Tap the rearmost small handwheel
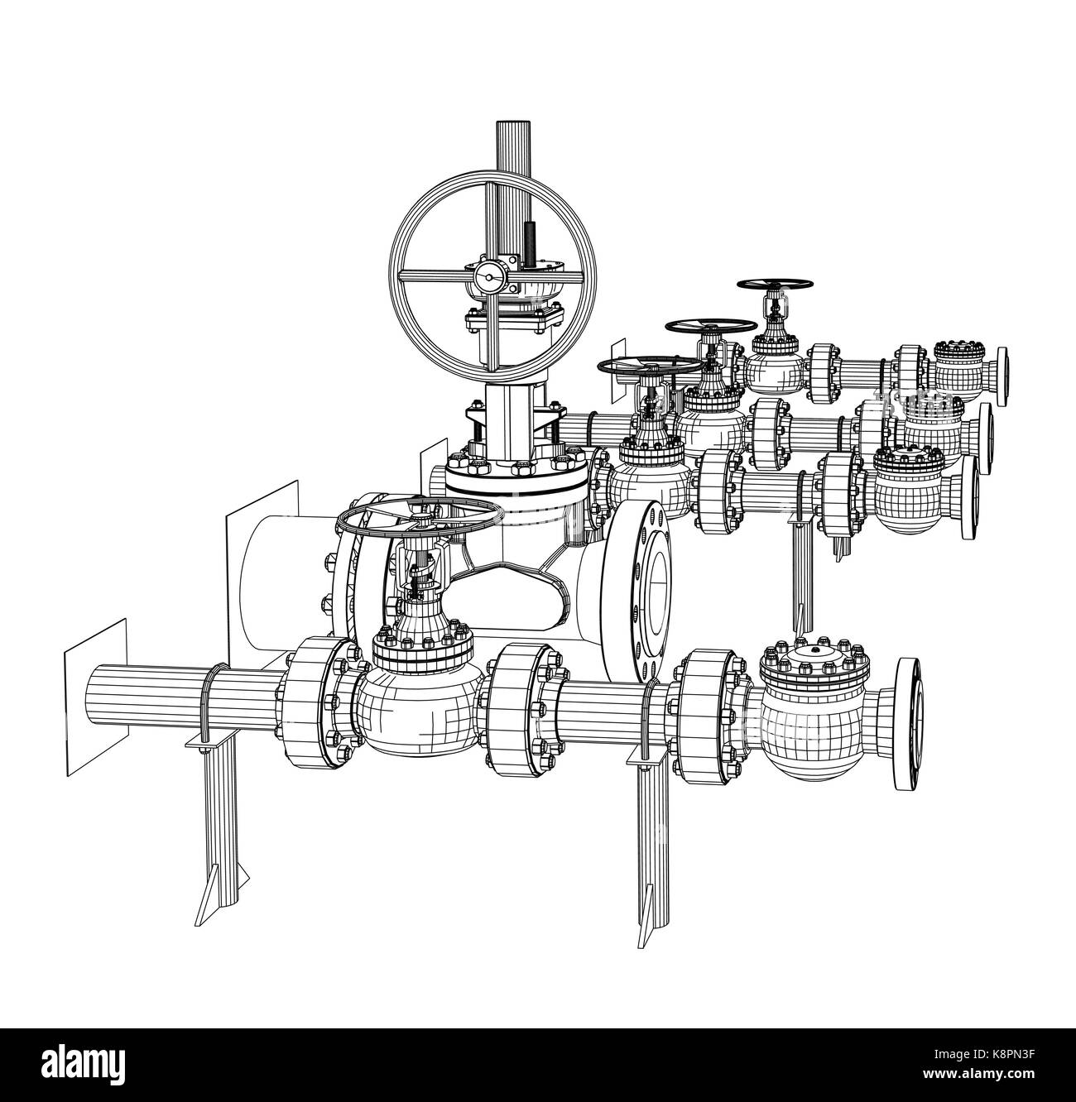click(772, 285)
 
